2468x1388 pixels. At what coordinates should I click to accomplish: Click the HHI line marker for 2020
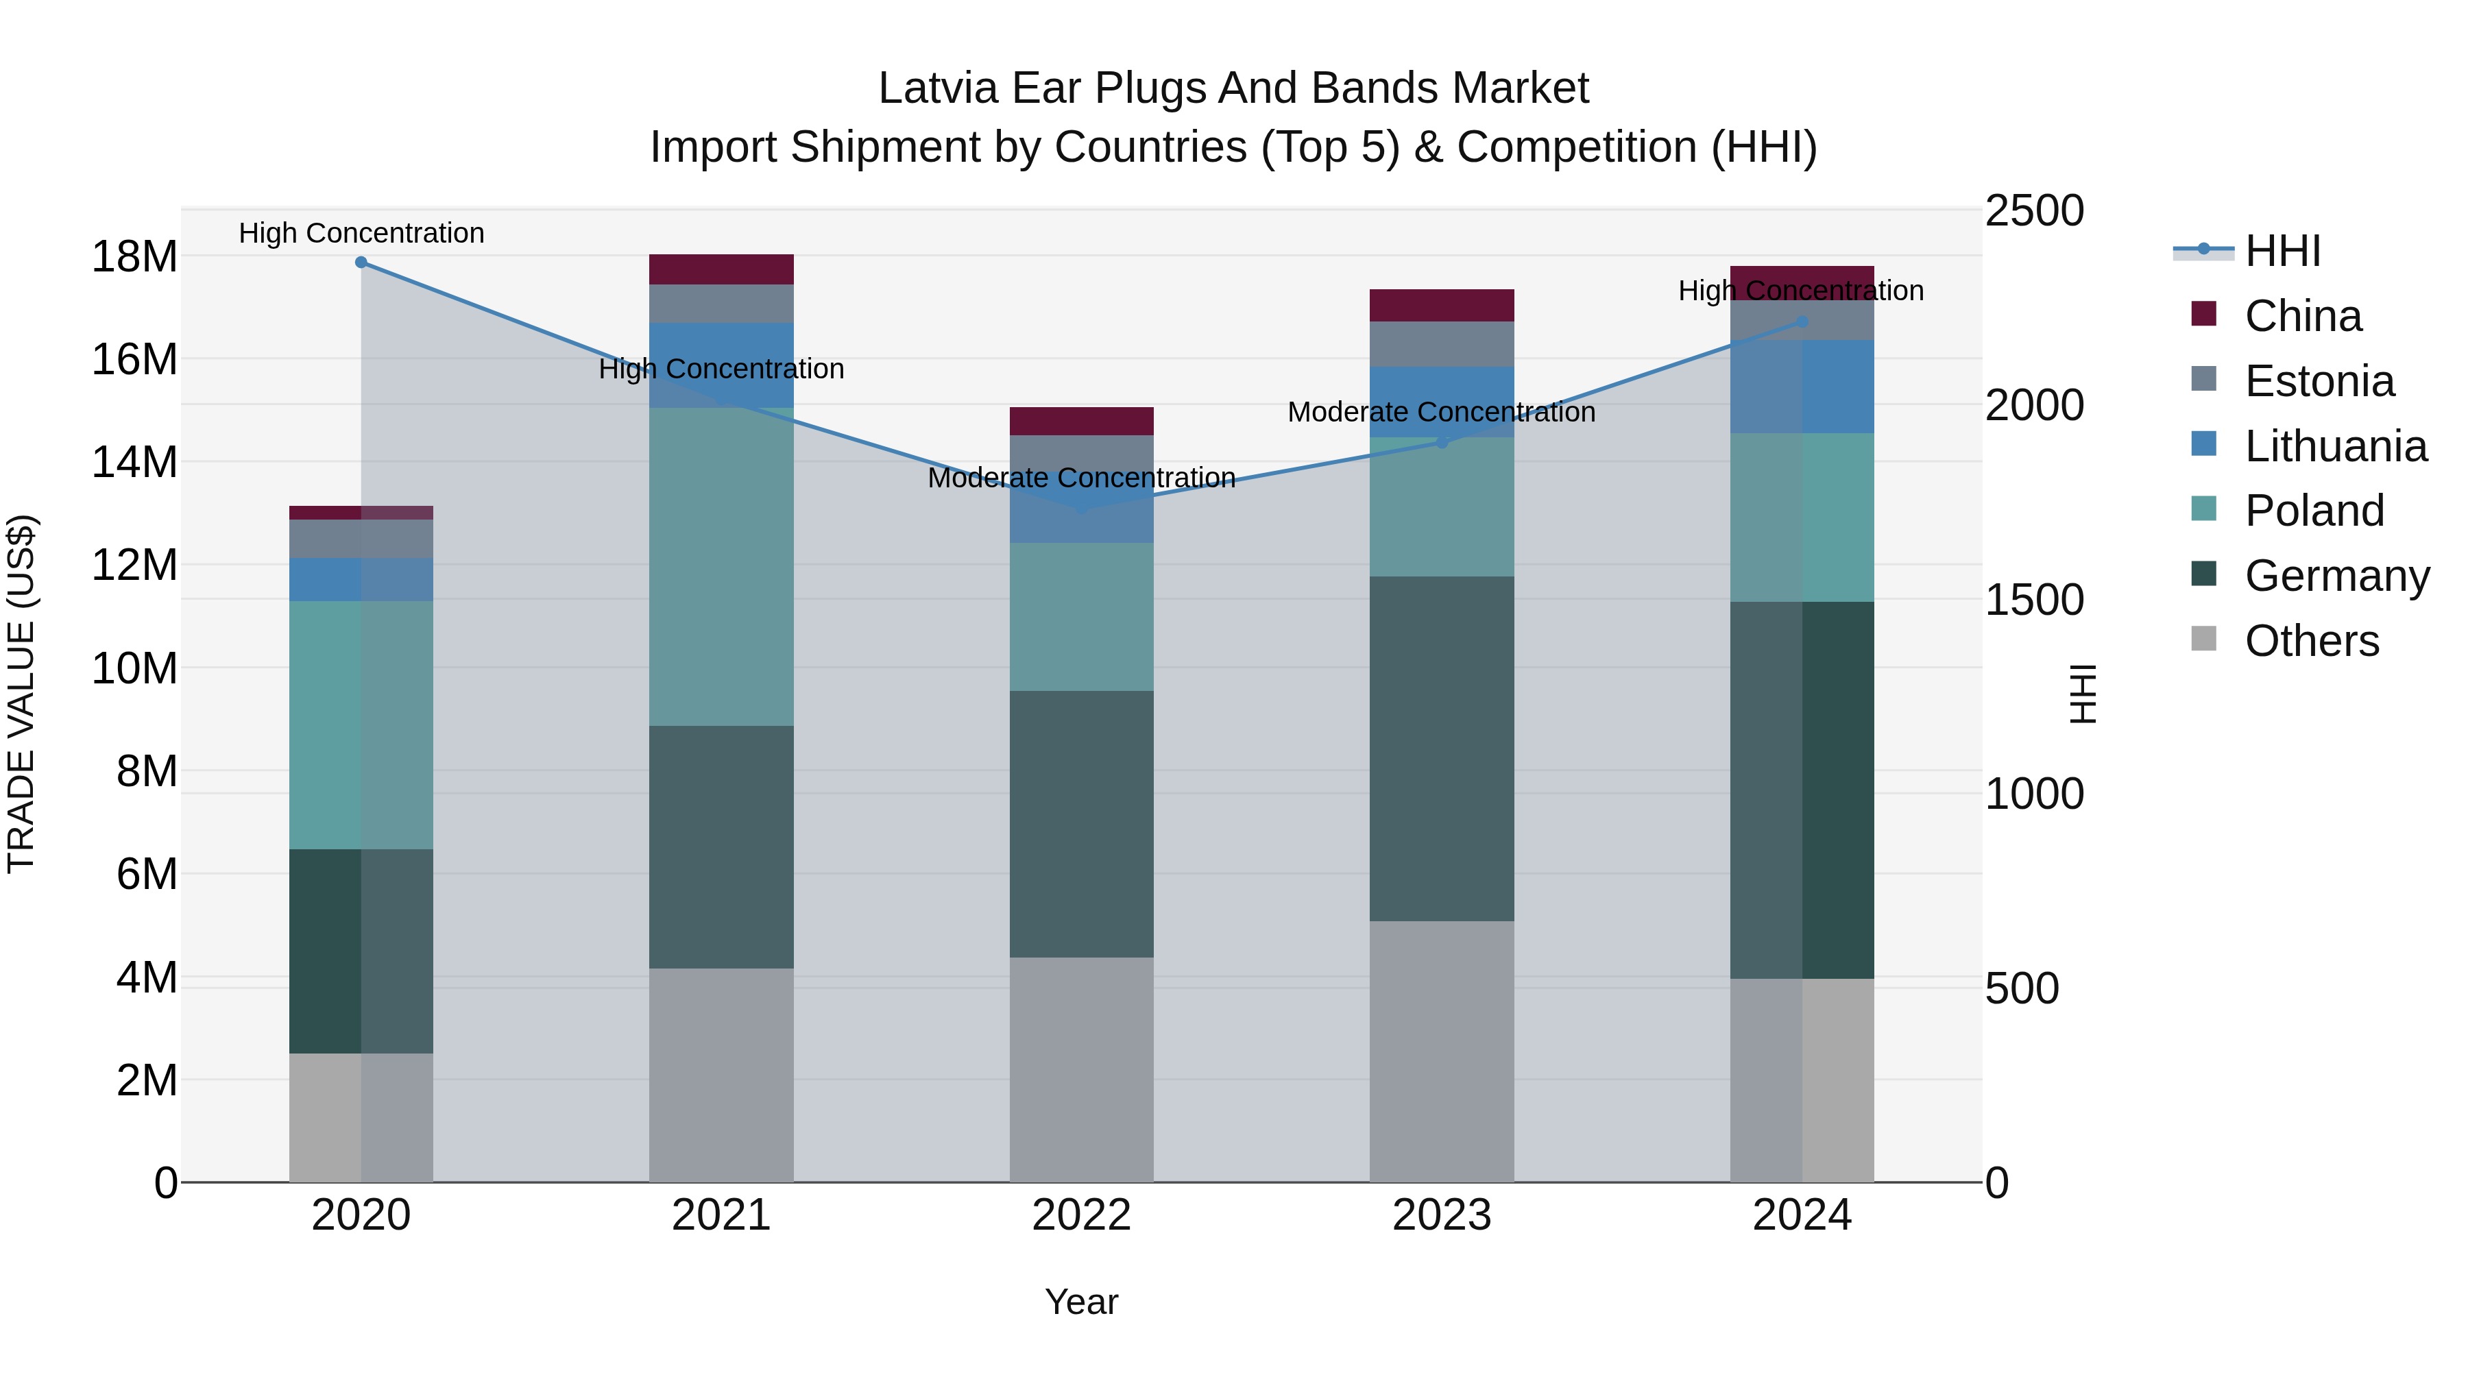361,263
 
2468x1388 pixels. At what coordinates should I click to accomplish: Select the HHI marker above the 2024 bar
1801,322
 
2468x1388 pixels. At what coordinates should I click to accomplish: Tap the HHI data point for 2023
1441,441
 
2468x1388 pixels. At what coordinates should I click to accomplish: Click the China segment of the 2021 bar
721,269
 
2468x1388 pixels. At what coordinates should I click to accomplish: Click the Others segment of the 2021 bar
721,1075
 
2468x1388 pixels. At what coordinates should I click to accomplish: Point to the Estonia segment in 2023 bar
1441,344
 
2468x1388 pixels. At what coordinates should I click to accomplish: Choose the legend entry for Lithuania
2335,446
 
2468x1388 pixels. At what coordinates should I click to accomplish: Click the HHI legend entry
2282,251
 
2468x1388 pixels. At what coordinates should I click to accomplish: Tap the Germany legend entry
2336,576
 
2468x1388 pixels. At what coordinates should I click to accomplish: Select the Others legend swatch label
2311,641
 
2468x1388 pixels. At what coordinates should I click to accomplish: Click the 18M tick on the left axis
134,257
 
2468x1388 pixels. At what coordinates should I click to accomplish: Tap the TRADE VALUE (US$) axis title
21,694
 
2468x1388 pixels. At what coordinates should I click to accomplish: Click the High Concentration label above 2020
361,233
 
